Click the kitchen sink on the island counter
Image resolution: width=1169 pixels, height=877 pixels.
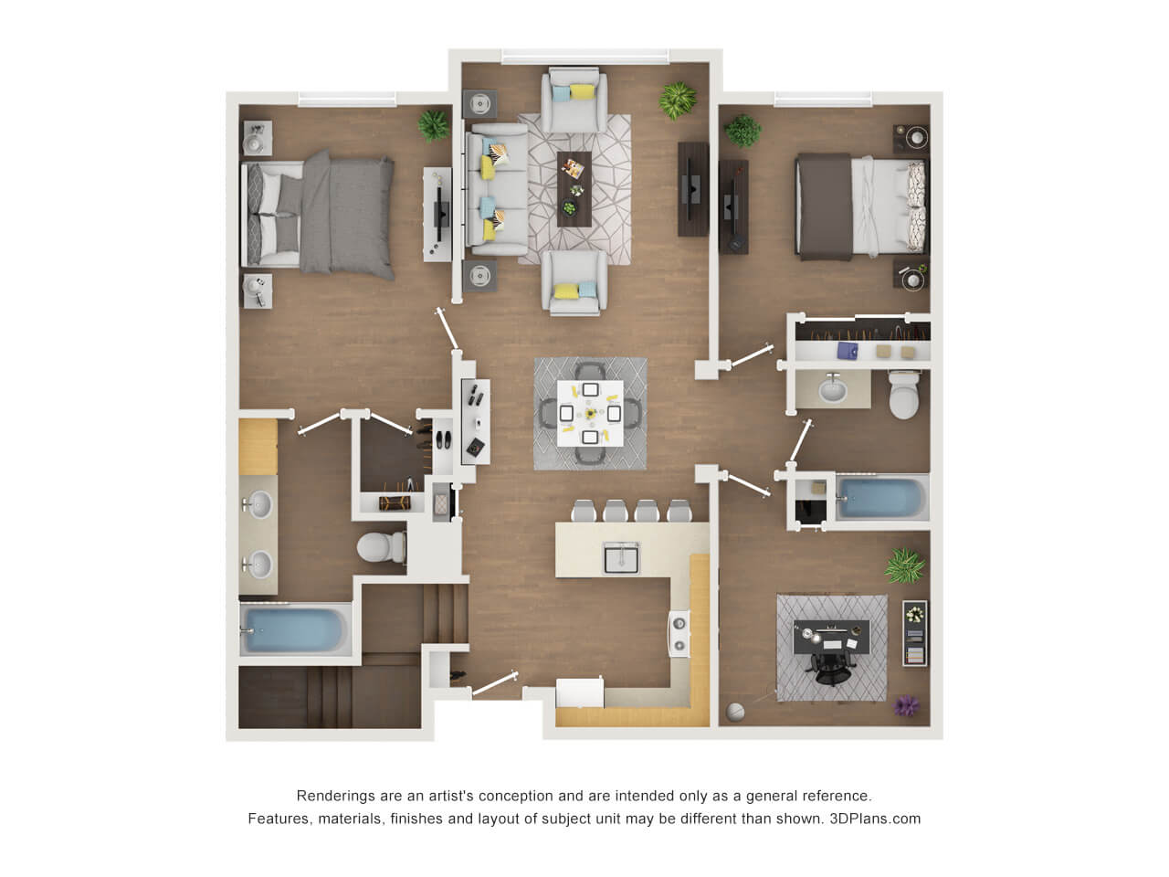(620, 558)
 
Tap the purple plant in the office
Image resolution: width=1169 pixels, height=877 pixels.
(906, 706)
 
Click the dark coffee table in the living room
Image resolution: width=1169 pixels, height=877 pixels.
(574, 189)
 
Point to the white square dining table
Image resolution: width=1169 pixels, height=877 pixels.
(590, 413)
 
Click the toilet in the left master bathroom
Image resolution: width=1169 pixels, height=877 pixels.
(382, 546)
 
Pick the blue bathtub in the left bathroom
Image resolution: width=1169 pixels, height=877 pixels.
(294, 630)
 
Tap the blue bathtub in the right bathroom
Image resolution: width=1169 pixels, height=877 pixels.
(882, 499)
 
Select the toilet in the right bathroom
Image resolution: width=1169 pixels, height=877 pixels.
(904, 395)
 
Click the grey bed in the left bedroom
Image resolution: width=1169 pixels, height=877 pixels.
(319, 214)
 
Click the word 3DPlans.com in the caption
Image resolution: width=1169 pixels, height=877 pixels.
(875, 819)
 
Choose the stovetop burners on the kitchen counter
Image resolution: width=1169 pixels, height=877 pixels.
(679, 634)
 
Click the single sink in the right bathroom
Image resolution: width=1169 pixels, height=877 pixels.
(832, 389)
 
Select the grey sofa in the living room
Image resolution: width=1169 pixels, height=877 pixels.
(496, 190)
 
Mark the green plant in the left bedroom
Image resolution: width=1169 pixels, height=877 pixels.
(434, 126)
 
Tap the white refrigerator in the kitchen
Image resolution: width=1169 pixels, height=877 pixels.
(579, 692)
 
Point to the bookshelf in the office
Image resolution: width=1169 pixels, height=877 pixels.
(914, 633)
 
